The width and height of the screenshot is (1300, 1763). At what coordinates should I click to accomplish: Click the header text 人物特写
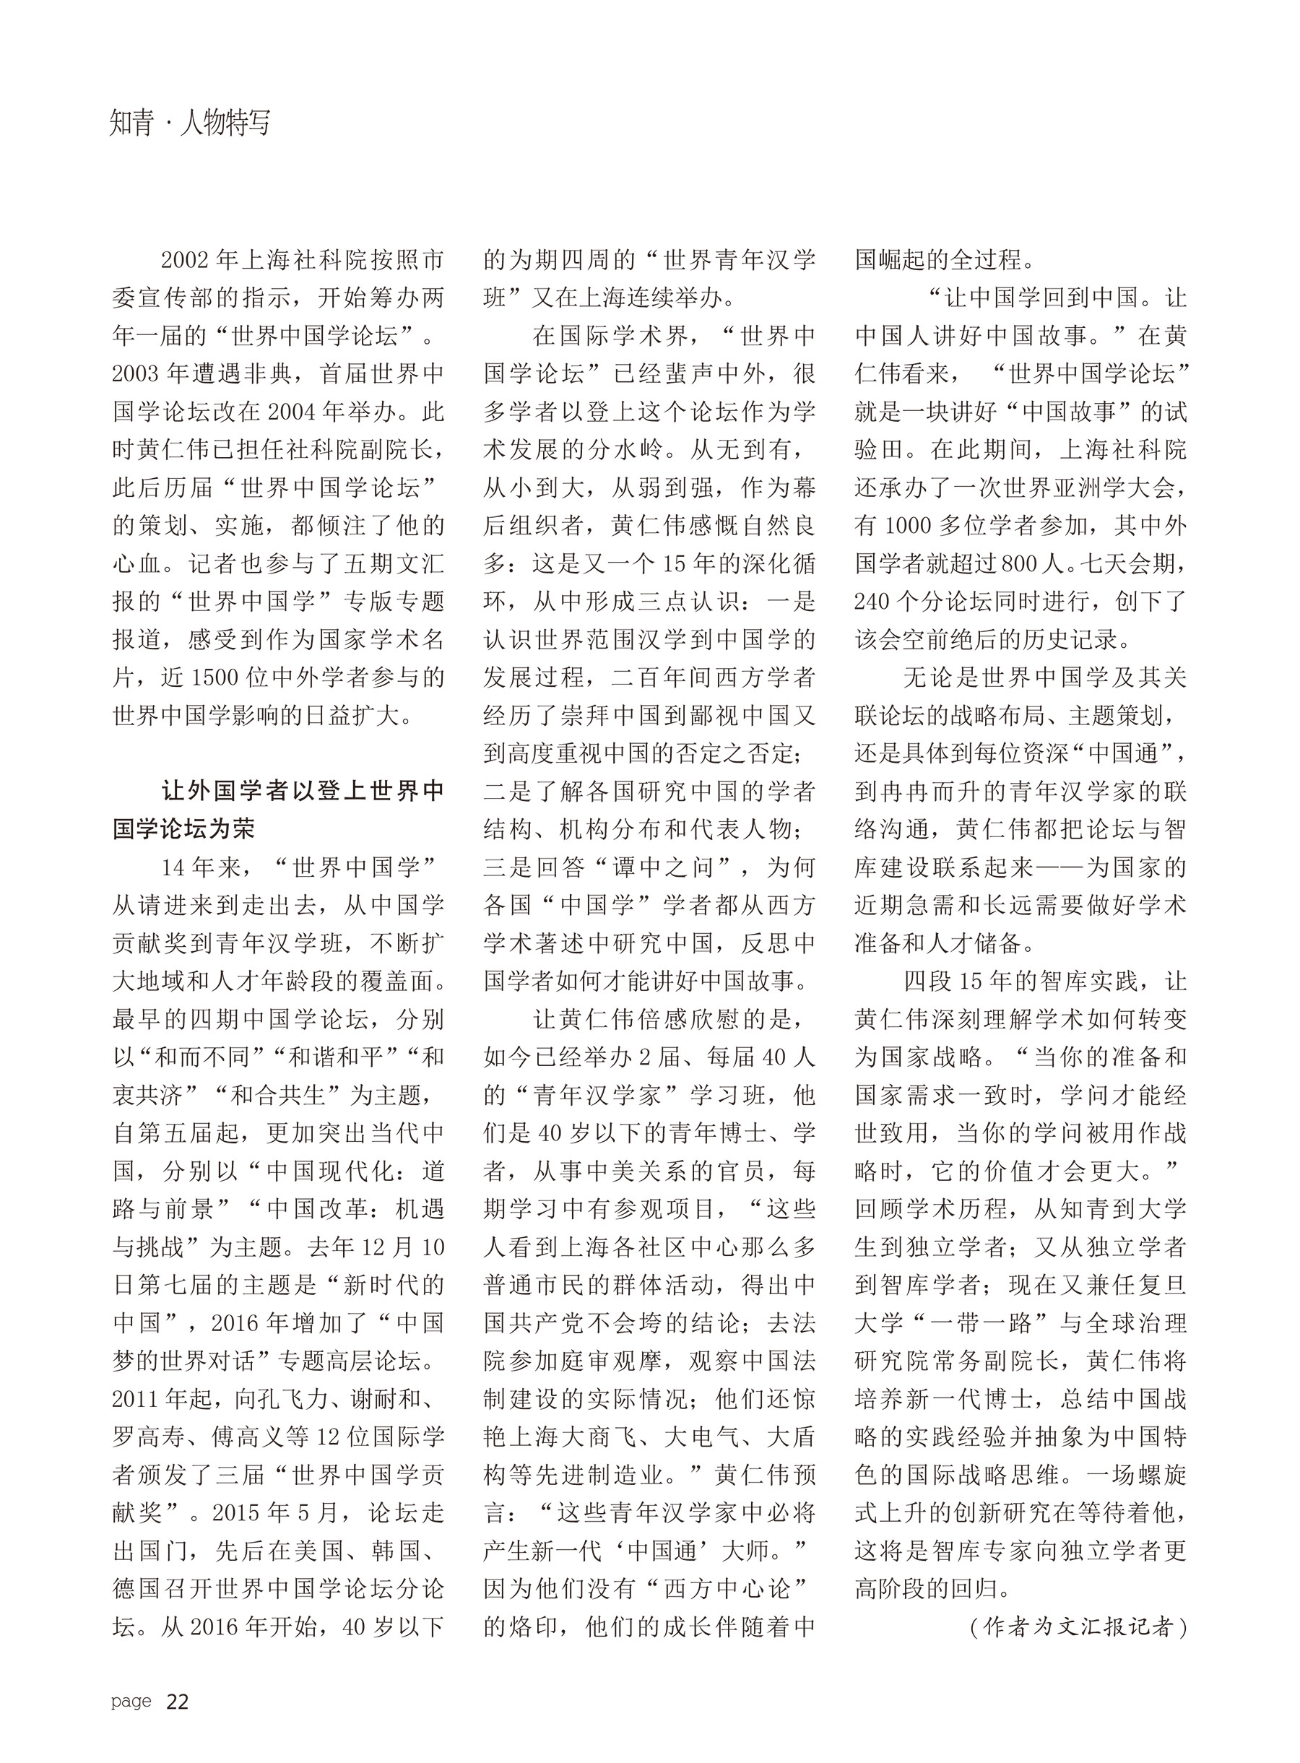(x=225, y=124)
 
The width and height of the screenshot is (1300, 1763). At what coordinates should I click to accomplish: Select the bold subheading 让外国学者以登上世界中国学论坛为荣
(x=279, y=810)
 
